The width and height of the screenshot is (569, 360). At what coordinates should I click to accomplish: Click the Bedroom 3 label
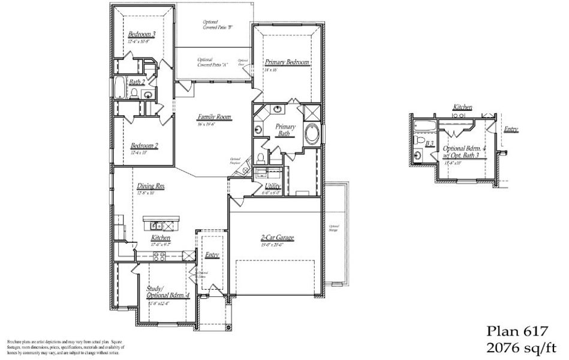[x=142, y=35]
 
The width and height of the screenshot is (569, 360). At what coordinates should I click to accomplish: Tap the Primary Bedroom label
[x=287, y=62]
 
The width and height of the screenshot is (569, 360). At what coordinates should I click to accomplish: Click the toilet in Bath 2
[x=134, y=93]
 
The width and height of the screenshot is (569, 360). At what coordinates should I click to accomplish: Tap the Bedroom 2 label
[x=144, y=146]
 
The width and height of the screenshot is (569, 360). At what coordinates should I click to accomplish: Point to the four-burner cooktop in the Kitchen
[x=159, y=256]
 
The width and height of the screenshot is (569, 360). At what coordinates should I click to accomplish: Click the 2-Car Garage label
[x=276, y=238]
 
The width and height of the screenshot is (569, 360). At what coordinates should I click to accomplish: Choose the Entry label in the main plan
[x=212, y=255]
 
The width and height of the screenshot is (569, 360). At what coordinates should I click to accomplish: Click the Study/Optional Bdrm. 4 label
[x=168, y=292]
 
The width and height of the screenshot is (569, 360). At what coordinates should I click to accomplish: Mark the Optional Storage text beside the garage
[x=334, y=227]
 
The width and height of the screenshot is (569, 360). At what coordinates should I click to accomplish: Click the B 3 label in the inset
[x=429, y=144]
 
